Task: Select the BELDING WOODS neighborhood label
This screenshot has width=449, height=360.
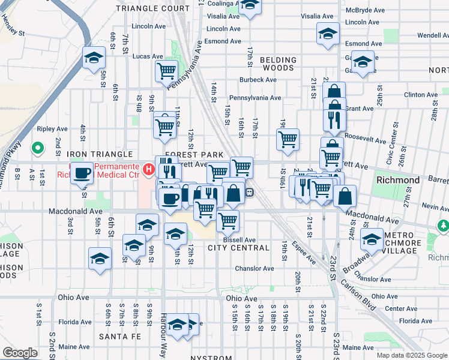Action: (278, 64)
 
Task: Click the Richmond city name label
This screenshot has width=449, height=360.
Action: (397, 180)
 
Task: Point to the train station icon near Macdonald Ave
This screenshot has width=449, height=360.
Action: (250, 192)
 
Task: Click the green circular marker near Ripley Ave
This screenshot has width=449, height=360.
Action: (37, 147)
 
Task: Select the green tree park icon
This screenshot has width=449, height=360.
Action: (444, 226)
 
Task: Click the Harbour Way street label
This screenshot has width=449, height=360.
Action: (163, 335)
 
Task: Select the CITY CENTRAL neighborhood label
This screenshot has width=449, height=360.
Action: (238, 248)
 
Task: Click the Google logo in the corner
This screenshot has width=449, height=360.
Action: (20, 353)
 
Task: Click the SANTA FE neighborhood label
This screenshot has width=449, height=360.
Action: (120, 337)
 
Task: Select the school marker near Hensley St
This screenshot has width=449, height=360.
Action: (94, 58)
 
